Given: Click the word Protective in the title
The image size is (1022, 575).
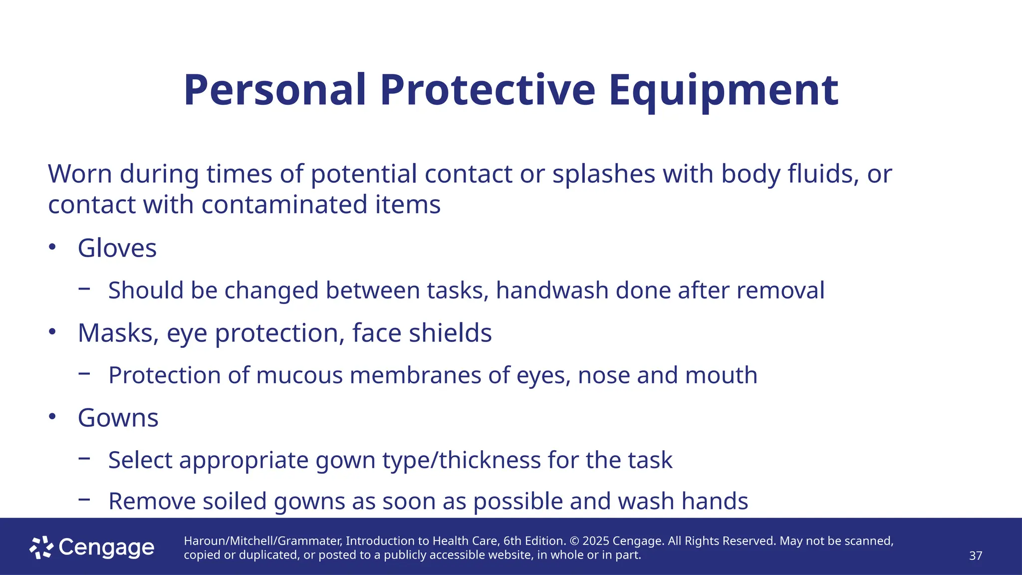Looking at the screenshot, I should click(488, 90).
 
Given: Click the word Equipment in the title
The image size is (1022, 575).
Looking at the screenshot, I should click(723, 90).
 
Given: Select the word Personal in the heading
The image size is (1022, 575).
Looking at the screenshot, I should click(275, 90).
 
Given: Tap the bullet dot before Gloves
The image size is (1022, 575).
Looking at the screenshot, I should click(52, 247).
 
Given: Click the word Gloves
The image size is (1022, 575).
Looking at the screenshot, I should click(117, 248).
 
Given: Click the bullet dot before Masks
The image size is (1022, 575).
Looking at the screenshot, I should click(52, 331).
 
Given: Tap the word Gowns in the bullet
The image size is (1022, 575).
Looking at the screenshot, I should click(118, 418).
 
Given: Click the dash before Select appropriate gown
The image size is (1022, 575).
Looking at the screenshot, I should click(84, 458).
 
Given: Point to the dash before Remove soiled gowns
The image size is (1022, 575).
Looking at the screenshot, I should click(84, 499).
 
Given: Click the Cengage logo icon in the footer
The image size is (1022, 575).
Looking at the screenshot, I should click(41, 548).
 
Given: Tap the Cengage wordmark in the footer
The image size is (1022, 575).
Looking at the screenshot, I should click(106, 548).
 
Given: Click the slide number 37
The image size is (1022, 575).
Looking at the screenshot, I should click(975, 556).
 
